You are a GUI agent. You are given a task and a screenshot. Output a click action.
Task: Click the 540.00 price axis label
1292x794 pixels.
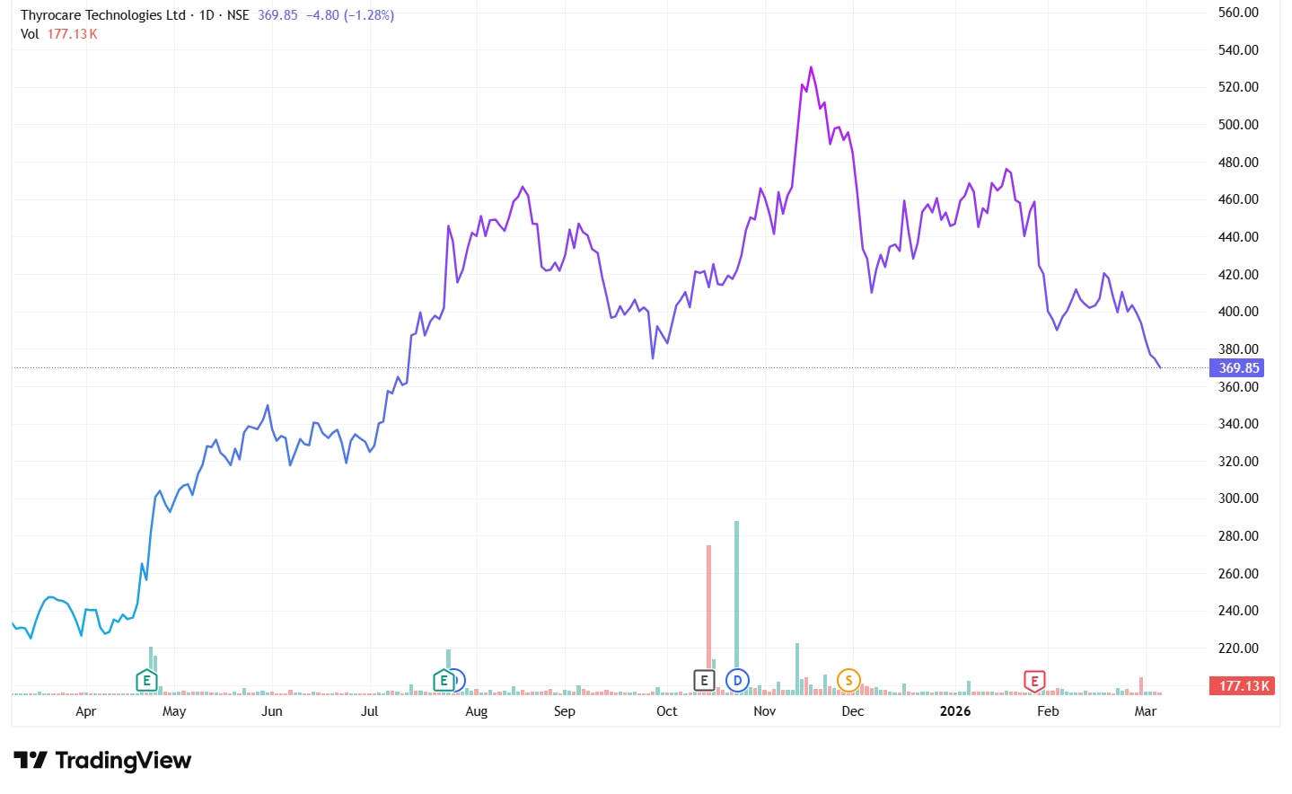coord(1238,50)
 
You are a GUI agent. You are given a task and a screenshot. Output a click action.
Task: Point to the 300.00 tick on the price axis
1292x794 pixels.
coord(1238,498)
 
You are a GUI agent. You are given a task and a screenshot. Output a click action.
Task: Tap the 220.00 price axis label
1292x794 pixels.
coord(1238,648)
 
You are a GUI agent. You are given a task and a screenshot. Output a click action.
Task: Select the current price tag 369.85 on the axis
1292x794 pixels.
coord(1238,368)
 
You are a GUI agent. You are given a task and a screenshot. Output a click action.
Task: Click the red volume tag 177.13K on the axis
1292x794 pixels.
coord(1244,686)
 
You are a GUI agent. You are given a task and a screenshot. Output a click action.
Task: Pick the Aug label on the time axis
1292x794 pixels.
coord(477,711)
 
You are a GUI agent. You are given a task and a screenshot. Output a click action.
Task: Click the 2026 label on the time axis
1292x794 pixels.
coord(955,711)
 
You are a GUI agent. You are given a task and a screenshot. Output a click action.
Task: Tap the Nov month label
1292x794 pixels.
coord(764,711)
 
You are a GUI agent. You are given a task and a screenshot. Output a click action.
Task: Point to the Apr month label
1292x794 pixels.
coord(86,711)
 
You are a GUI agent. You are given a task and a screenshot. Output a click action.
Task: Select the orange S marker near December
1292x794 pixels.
coord(848,681)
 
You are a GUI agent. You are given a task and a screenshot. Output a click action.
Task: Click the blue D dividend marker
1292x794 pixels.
coord(737,681)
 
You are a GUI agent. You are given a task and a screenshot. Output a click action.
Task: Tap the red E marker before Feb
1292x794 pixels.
coord(1034,681)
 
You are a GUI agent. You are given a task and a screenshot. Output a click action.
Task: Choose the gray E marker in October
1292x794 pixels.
coord(704,681)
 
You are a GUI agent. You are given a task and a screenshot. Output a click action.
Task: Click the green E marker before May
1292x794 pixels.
coord(146,681)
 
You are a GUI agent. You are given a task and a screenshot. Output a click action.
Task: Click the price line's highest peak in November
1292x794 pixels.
coord(811,67)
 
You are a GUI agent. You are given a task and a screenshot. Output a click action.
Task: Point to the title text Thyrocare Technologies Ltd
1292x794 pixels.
coord(103,15)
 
